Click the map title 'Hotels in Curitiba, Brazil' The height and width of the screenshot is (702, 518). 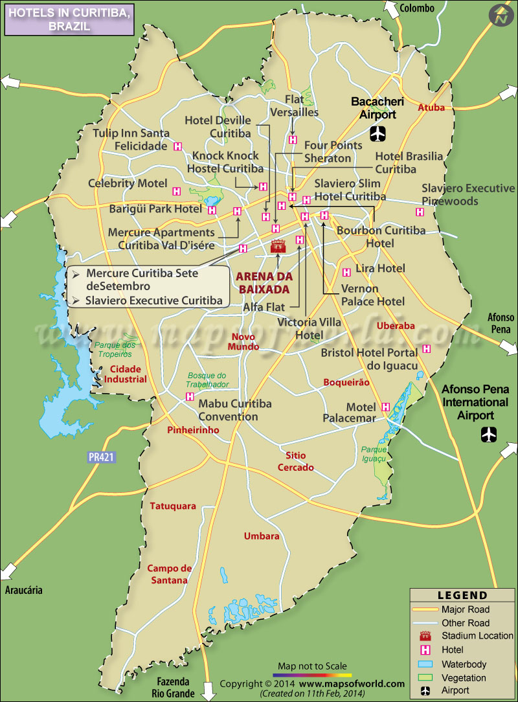click(x=69, y=19)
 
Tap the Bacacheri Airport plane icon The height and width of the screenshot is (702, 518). click(x=377, y=134)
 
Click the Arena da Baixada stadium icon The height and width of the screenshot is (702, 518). click(x=278, y=247)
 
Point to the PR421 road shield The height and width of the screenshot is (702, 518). click(x=101, y=457)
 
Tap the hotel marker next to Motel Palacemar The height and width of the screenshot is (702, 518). click(x=386, y=407)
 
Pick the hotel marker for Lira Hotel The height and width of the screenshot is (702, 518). click(x=346, y=272)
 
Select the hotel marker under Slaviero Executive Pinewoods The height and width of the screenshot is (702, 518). click(x=420, y=212)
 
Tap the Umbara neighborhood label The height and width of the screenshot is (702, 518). click(x=262, y=536)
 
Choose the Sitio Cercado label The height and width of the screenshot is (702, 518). click(x=296, y=462)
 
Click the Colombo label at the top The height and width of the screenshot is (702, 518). click(x=417, y=8)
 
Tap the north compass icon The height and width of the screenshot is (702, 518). click(x=501, y=16)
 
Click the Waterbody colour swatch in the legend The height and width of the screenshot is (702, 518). click(x=425, y=664)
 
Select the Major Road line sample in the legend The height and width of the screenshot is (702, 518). click(x=425, y=609)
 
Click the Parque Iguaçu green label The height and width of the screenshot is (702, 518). click(x=374, y=453)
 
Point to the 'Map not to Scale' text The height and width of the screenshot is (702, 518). click(x=312, y=666)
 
